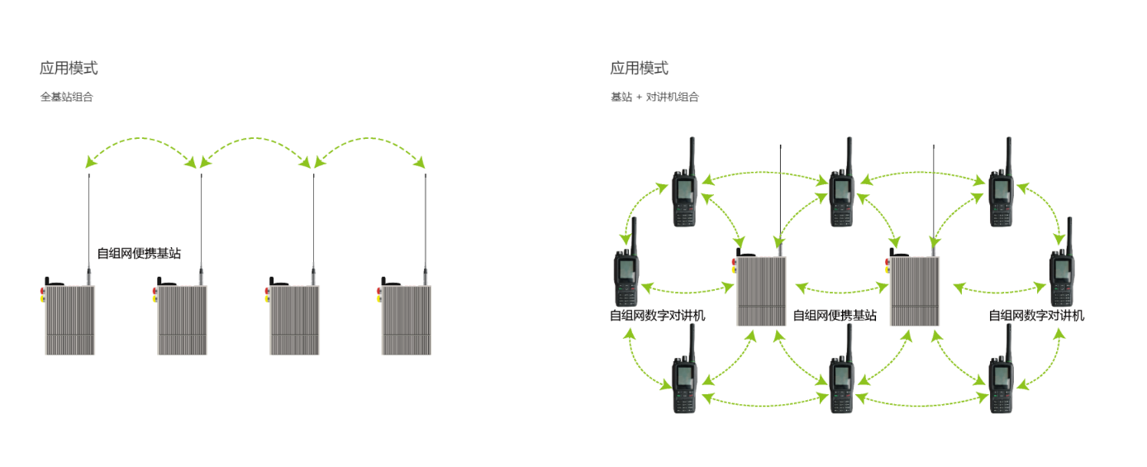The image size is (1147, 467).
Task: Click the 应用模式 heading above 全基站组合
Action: coord(69,69)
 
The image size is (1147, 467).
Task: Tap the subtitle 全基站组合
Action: coord(67,97)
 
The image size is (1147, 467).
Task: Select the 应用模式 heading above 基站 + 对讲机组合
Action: coord(639,69)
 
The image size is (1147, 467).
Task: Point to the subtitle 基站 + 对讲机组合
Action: coord(654,97)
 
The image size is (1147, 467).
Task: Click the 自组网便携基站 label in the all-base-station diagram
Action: coord(139,254)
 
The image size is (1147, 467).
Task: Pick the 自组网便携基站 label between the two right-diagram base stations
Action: coord(835,315)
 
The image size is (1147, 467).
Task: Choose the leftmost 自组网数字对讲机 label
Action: coord(658,315)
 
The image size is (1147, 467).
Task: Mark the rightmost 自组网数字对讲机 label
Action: coord(1036,315)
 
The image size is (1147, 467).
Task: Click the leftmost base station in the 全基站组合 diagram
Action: coord(70,320)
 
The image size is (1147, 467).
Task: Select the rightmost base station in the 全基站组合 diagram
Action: coord(407,320)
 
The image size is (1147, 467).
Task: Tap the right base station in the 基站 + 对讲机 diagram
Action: coord(915,290)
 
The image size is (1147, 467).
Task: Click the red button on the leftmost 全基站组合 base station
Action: coord(43,290)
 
